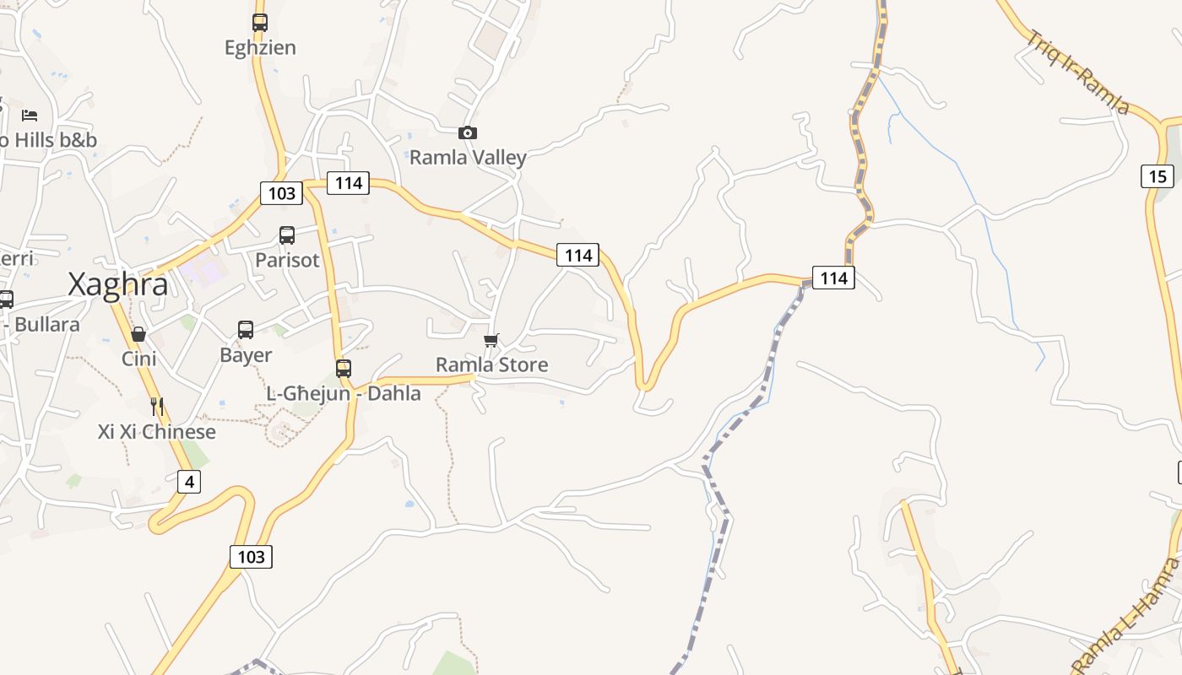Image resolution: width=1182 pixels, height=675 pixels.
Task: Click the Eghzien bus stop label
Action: point(260,48)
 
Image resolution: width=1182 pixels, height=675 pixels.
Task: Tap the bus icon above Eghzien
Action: point(260,23)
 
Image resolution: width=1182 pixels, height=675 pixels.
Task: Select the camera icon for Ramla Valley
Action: point(468,132)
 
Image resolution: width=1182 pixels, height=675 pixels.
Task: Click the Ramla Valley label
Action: point(468,158)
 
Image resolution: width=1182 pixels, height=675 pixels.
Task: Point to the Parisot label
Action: point(287,260)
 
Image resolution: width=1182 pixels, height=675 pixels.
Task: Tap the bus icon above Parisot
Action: point(287,235)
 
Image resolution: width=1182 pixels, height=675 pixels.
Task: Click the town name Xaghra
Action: point(117,285)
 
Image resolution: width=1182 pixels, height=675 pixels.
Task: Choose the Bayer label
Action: point(246,355)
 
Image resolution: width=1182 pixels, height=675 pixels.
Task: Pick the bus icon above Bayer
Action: point(246,330)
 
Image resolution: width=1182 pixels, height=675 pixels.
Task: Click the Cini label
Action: point(139,359)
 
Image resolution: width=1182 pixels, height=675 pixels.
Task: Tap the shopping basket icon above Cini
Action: point(138,335)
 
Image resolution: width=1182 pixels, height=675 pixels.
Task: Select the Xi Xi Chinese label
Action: point(157,432)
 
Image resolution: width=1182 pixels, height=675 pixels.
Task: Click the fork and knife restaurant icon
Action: point(157,407)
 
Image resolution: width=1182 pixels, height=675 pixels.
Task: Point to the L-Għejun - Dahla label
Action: point(344,393)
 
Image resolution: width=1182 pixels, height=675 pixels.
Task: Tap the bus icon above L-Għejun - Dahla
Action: point(344,368)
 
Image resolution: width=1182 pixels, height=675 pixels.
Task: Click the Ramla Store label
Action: point(491,364)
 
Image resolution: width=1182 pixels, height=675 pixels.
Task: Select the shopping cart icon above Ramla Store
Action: point(491,340)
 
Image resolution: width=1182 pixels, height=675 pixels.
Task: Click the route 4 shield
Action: point(189,482)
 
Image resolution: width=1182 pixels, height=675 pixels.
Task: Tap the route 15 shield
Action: point(1157,176)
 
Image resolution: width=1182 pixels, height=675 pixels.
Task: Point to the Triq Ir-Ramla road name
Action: point(1078,73)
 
